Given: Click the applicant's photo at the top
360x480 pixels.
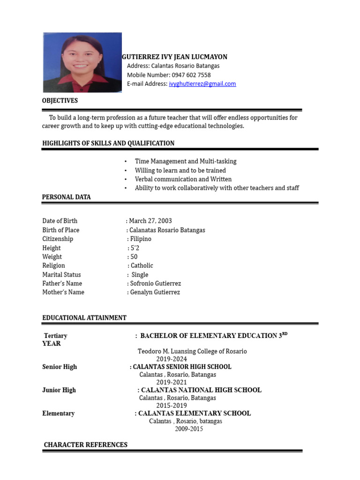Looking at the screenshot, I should (82, 62).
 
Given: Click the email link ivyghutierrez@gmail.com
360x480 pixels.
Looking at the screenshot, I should (202, 84).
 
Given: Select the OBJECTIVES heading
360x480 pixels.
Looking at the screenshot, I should (60, 101).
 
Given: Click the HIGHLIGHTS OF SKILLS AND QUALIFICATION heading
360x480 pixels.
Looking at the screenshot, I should (108, 143).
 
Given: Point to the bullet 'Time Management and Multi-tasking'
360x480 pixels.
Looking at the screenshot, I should (186, 161).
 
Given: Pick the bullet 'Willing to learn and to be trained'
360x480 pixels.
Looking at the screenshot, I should (180, 171).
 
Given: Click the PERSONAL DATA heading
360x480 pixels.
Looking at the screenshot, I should (67, 197).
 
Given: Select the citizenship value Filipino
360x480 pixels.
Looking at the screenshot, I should (140, 239).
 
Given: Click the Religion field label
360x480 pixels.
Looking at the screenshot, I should (53, 266).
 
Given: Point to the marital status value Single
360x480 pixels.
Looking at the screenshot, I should (140, 275).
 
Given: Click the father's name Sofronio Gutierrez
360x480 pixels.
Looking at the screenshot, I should (155, 284).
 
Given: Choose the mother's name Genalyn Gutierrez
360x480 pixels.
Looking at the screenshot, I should (155, 292).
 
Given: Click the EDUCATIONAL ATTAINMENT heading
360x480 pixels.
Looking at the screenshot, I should (84, 318).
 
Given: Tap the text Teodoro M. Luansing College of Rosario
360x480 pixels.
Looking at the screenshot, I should (192, 351).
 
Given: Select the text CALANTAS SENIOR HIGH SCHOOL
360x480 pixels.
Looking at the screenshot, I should (182, 367).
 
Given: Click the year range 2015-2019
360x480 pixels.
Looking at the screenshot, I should (172, 405).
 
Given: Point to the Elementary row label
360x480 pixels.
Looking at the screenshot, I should (58, 413).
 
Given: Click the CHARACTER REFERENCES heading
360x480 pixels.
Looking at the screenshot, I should (85, 445).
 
